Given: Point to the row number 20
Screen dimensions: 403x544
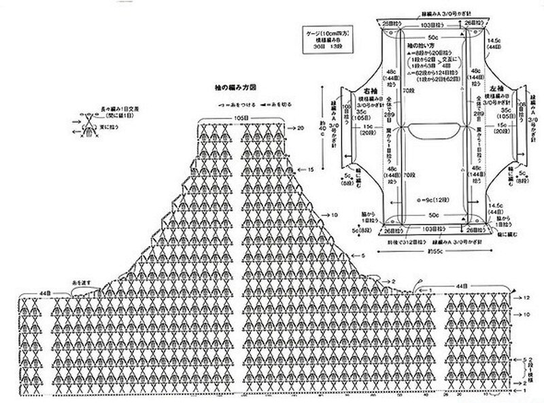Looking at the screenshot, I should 300,127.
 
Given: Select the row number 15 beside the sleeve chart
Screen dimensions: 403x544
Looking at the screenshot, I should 309,169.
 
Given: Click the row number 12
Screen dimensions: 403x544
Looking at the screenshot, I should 526,298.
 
